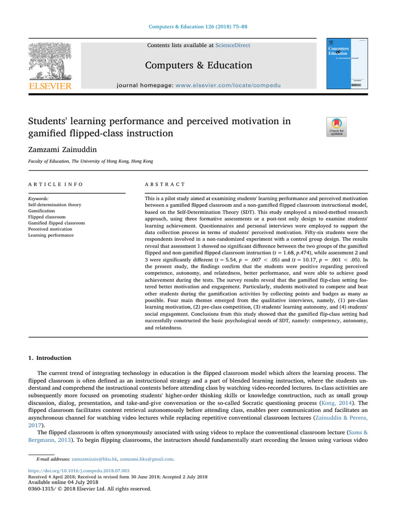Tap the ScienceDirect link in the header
[x=233, y=45]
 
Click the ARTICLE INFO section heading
[x=55, y=184]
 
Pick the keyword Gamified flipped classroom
[x=56, y=223]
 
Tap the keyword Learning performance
[x=51, y=235]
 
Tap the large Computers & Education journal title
[x=199, y=65]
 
